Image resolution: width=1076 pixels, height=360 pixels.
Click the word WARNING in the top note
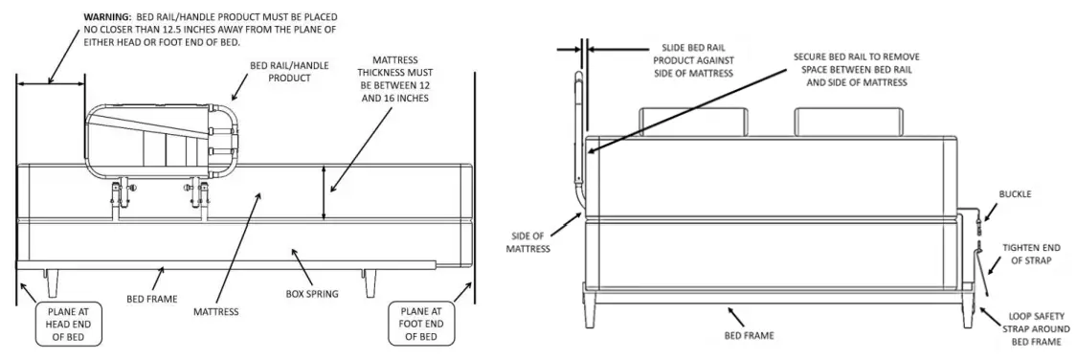[106, 18]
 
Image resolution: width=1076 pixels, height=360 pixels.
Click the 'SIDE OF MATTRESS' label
[528, 242]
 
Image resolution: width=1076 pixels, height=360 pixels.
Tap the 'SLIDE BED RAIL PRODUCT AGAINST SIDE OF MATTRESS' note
[697, 59]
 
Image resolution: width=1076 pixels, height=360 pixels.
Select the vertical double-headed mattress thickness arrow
[325, 191]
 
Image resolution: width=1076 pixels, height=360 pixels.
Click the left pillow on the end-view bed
[691, 121]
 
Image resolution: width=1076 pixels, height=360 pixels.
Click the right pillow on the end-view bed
[847, 121]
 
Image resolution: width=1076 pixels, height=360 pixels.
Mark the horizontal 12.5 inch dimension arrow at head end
[51, 83]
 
